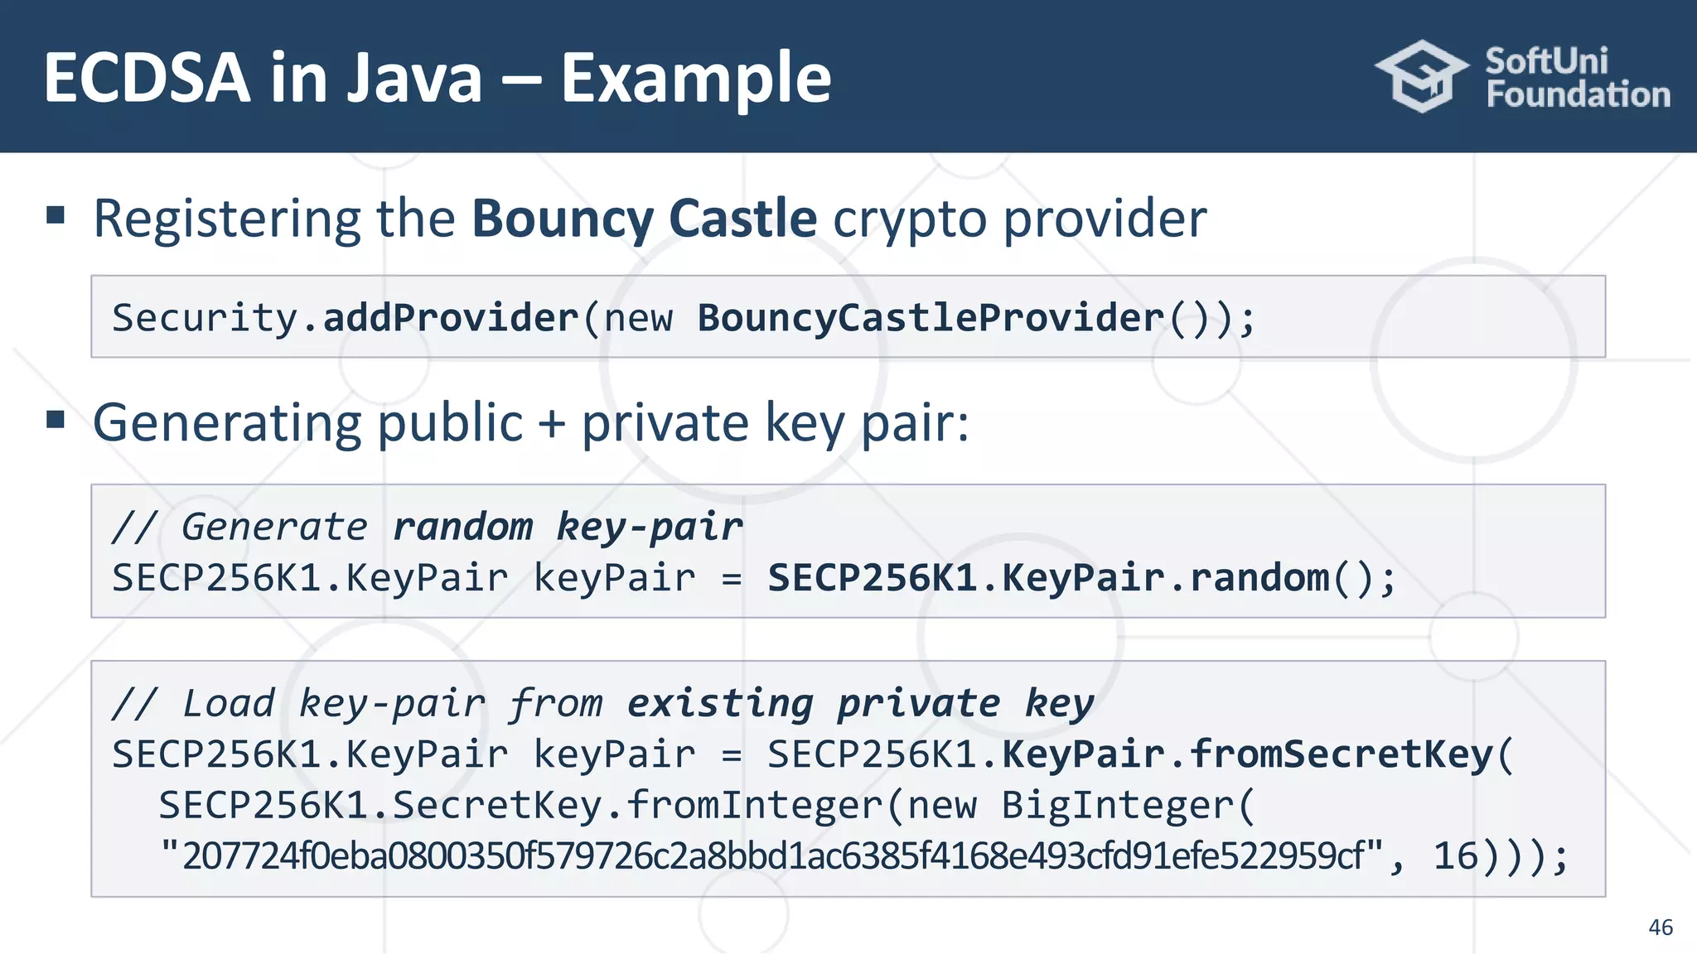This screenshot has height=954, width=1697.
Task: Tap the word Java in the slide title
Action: tap(413, 78)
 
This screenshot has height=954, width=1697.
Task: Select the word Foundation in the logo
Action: tap(1578, 94)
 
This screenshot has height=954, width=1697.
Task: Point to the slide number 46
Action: tap(1660, 927)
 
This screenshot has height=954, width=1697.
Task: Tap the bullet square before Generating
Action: tap(56, 419)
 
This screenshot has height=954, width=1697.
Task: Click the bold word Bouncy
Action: tap(563, 219)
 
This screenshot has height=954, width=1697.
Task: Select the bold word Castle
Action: tap(742, 219)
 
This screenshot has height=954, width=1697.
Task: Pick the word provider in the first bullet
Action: tap(1105, 219)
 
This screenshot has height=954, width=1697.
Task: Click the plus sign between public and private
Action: tap(552, 423)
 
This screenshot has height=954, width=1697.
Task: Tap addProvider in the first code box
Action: tap(450, 318)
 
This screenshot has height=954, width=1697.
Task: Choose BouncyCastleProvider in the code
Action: tap(931, 318)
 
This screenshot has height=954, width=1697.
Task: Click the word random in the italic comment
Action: tap(462, 527)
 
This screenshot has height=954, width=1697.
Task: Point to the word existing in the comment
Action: tap(720, 703)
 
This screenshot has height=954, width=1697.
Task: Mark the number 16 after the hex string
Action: tap(1455, 856)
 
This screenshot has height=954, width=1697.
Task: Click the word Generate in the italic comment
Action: tap(274, 527)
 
